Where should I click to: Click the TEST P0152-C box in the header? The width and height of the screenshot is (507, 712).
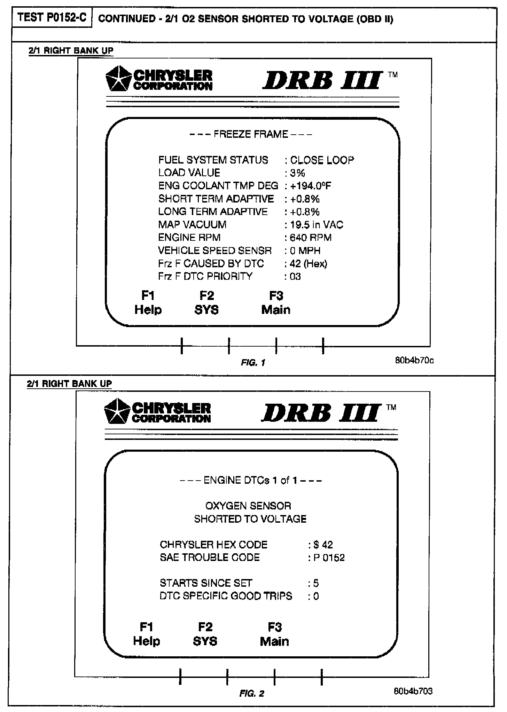pos(52,18)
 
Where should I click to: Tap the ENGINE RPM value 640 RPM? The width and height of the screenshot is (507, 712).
pos(311,238)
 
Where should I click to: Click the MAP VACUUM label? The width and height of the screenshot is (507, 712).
pos(192,225)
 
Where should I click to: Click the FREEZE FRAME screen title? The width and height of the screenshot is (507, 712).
pos(251,134)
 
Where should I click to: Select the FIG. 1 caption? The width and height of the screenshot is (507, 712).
pos(253,363)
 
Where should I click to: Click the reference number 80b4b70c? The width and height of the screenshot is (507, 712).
pos(414,360)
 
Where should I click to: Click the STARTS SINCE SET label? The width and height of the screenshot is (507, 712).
pos(206,583)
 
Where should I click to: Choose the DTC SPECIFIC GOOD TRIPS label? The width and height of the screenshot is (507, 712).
pos(226,596)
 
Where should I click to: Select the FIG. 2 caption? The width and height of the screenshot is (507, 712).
pos(252,694)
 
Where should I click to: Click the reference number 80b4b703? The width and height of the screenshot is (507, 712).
pos(413,691)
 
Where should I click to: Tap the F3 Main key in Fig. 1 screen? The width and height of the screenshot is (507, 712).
pos(276,303)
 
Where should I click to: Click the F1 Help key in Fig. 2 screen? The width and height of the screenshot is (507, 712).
pos(147,634)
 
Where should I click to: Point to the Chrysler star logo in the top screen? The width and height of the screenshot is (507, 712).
pos(118,79)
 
